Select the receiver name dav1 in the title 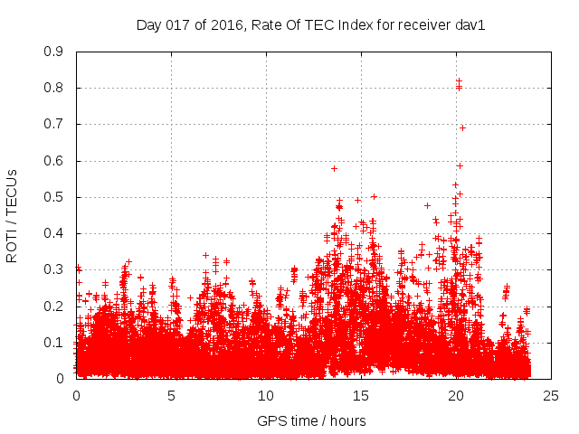[x=470, y=25]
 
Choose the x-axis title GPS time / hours [x=311, y=420]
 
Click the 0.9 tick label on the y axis [x=55, y=52]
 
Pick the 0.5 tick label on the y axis [x=55, y=197]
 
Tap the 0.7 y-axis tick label [x=55, y=124]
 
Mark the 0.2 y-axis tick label [x=55, y=306]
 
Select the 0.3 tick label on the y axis [x=55, y=269]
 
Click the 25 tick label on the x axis [x=550, y=395]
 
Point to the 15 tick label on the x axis [x=360, y=395]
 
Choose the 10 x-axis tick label [x=265, y=395]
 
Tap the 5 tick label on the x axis [x=171, y=395]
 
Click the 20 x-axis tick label [x=455, y=395]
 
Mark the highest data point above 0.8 [x=459, y=81]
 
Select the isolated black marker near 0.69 [x=462, y=127]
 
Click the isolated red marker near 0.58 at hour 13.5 [x=334, y=168]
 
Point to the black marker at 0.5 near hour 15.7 [x=374, y=196]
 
